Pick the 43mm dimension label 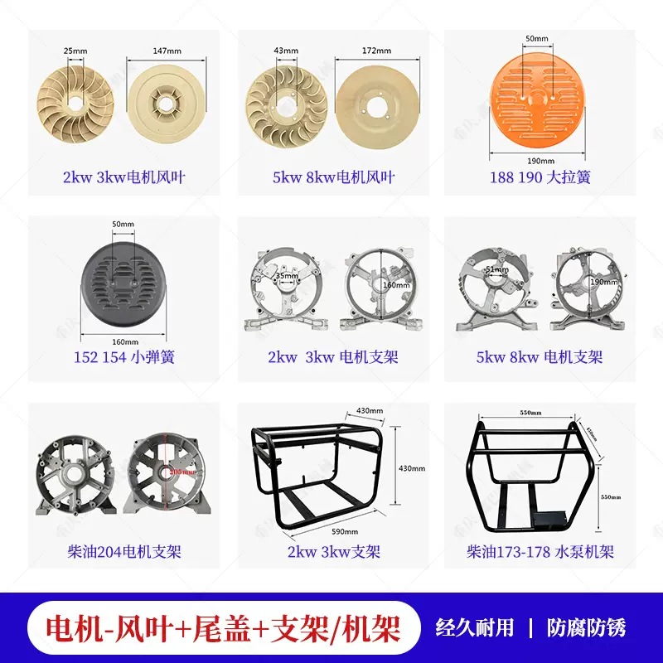point(286,51)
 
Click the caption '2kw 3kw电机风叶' point(124,177)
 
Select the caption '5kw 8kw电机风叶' point(333,177)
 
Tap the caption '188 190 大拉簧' point(540,177)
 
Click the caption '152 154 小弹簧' point(123,357)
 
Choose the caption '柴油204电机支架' point(123,551)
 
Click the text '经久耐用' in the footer point(476,627)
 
